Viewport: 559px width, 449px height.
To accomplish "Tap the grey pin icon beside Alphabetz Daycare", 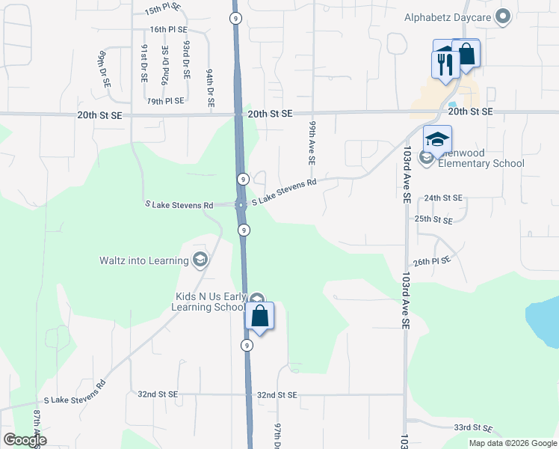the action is [503, 16].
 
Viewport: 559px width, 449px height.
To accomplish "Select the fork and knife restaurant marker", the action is [444, 64].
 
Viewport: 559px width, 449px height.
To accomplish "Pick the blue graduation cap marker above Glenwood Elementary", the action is [437, 139].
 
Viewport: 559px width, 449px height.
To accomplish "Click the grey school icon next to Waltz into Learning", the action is [200, 260].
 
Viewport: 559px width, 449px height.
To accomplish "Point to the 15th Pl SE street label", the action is [163, 8].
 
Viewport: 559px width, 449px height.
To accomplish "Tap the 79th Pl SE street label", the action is [165, 101].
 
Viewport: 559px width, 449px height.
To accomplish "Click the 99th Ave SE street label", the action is [312, 143].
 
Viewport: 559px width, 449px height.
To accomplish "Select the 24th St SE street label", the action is [443, 198].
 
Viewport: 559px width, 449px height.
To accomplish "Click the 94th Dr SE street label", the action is [211, 87].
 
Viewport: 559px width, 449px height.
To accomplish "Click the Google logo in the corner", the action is [25, 440].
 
